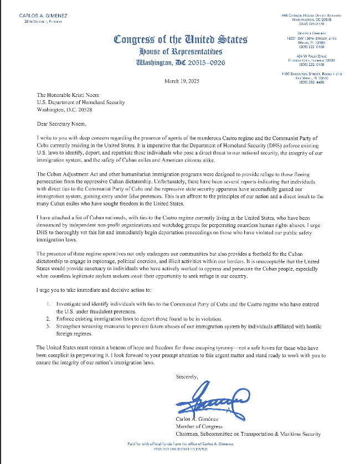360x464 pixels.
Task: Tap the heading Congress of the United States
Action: coord(180,40)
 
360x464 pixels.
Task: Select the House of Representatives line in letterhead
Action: coord(181,51)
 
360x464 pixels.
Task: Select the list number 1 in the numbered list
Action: coord(48,305)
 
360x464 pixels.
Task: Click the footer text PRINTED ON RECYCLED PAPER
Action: coord(181,450)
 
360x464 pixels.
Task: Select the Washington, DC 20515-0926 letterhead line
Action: coord(181,63)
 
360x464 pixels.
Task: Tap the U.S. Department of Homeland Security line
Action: coord(80,102)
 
